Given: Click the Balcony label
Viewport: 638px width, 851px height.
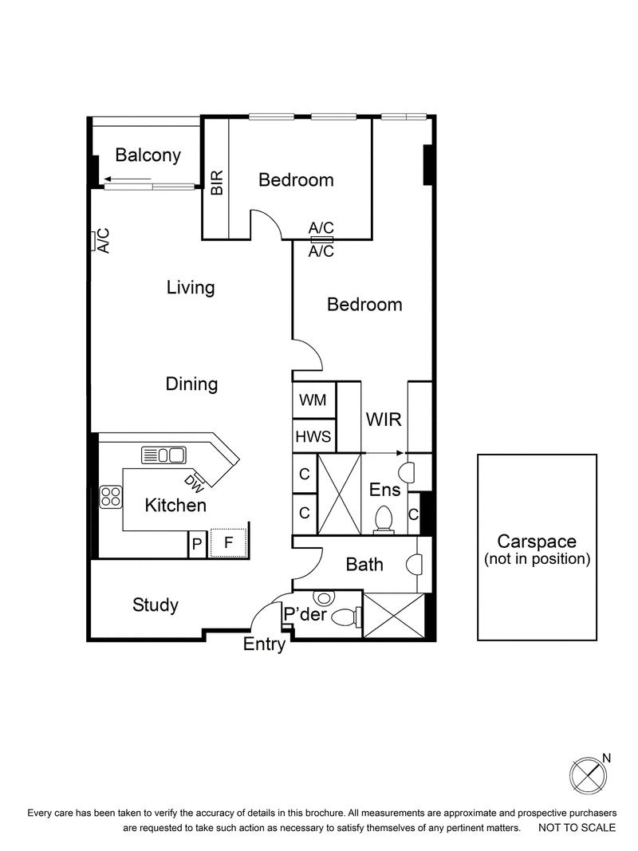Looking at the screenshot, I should coord(148,156).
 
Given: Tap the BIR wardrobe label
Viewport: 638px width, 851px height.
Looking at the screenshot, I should coord(216,183).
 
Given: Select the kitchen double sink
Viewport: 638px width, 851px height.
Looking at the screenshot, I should coord(163,455).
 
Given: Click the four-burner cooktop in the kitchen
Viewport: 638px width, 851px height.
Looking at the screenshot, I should coord(110,498).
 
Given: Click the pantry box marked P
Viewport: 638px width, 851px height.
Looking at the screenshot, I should coord(196,545).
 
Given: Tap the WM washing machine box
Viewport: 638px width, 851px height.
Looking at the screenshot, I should coord(313,400).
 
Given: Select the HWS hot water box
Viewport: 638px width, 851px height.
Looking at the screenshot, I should coord(313,436).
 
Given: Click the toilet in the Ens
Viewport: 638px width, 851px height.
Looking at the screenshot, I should coord(384,518).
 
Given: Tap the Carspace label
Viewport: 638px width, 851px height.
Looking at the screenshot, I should coord(537,542).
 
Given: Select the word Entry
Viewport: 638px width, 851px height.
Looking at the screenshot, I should coord(264,645).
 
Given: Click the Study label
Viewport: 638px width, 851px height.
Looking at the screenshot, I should coord(156,605).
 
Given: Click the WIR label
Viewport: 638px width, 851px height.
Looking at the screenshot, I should coord(383,420).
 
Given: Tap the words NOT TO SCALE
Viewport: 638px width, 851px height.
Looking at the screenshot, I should coord(577,829).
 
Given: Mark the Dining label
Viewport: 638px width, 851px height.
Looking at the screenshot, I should coord(191,384).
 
